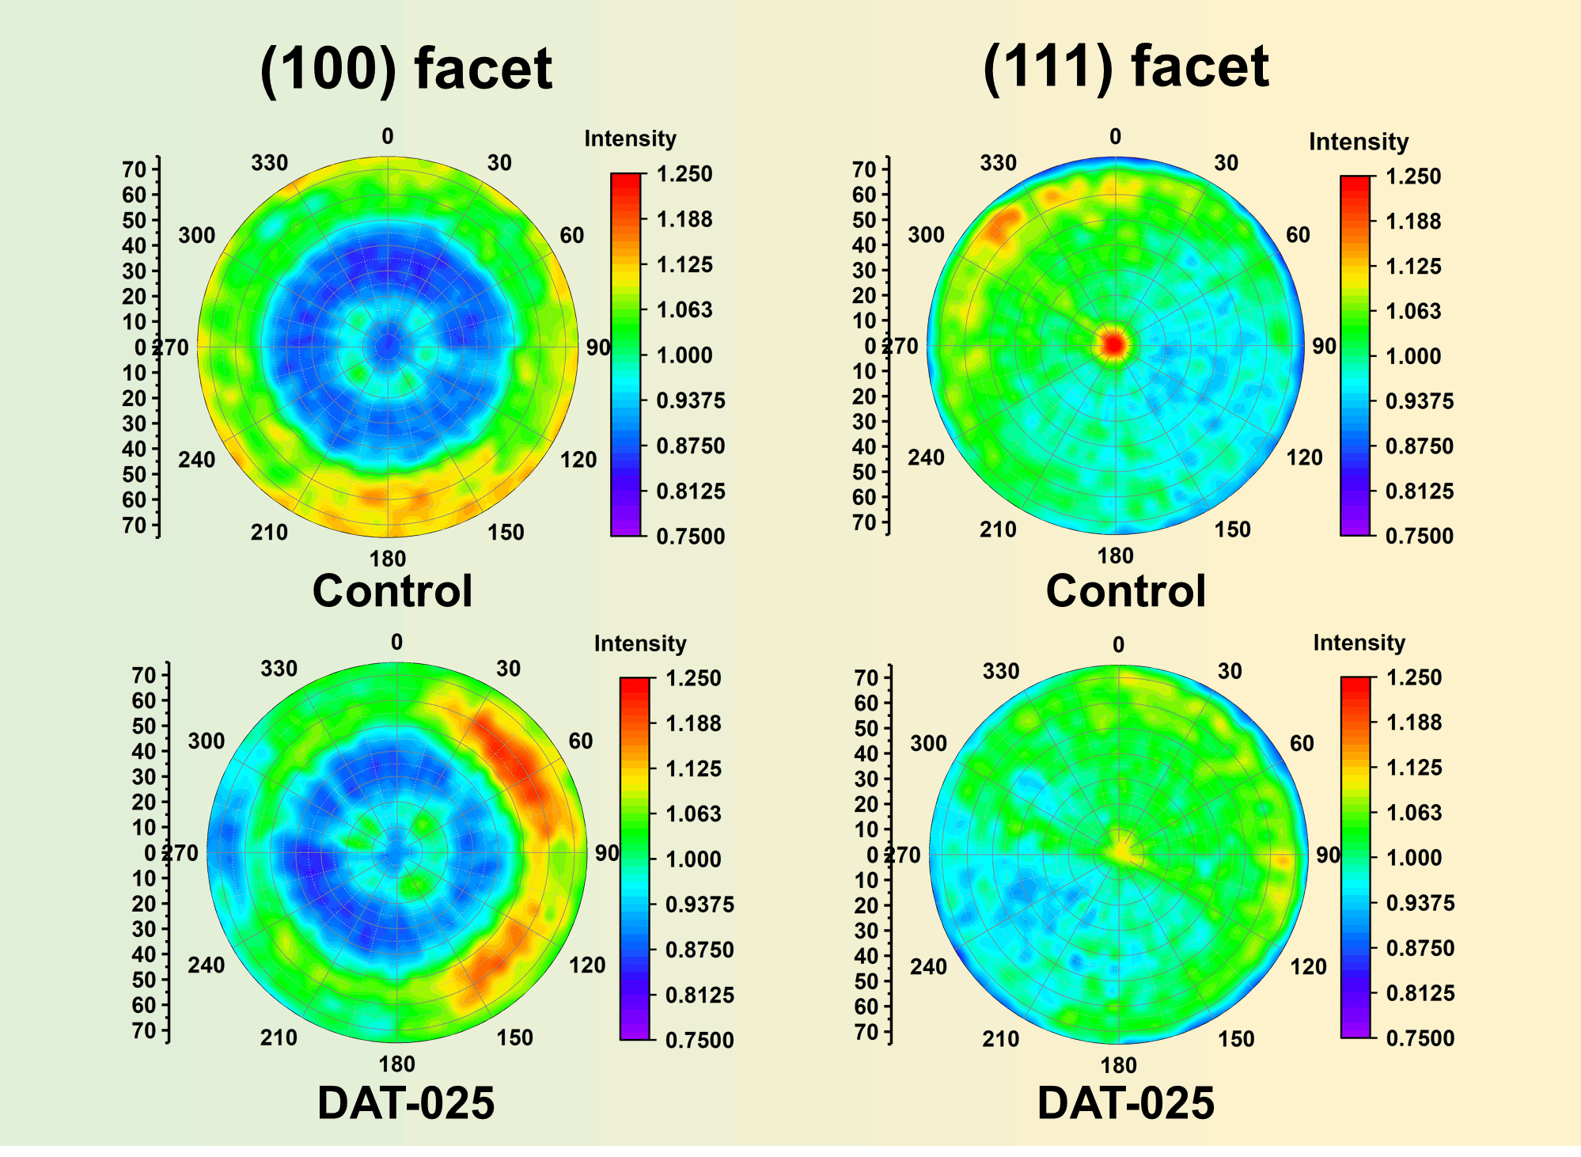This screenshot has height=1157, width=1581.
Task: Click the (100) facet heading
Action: (x=405, y=69)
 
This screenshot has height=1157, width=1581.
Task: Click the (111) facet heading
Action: (x=1125, y=66)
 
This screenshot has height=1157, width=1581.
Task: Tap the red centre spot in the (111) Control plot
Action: (x=1114, y=344)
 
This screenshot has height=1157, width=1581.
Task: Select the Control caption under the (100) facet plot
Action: (x=392, y=591)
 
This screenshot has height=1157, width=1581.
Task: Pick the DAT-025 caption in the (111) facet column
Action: (x=1125, y=1103)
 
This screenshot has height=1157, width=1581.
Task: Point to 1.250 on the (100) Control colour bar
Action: (x=684, y=174)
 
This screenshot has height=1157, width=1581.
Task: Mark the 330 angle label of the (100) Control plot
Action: (x=270, y=163)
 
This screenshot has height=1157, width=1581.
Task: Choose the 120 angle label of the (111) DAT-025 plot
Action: (x=1308, y=966)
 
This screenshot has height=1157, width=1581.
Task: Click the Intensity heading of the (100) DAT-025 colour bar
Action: (x=640, y=643)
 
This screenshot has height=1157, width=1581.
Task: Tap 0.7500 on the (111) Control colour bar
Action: (x=1420, y=536)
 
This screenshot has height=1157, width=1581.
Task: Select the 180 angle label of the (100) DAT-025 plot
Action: (x=396, y=1064)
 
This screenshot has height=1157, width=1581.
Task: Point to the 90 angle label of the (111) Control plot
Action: (x=1324, y=347)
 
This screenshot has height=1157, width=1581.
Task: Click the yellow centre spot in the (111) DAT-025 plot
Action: (x=1122, y=852)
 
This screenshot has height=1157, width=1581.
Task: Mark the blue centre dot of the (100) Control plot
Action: (x=387, y=346)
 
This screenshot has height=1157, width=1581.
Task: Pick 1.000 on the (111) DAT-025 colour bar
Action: (x=1414, y=857)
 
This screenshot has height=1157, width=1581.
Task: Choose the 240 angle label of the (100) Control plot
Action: (x=196, y=460)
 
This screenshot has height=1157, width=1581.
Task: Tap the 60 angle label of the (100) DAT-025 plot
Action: (x=581, y=741)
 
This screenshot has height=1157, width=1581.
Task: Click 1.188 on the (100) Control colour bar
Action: (x=684, y=219)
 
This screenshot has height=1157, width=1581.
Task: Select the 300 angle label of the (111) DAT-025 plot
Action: (x=928, y=744)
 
